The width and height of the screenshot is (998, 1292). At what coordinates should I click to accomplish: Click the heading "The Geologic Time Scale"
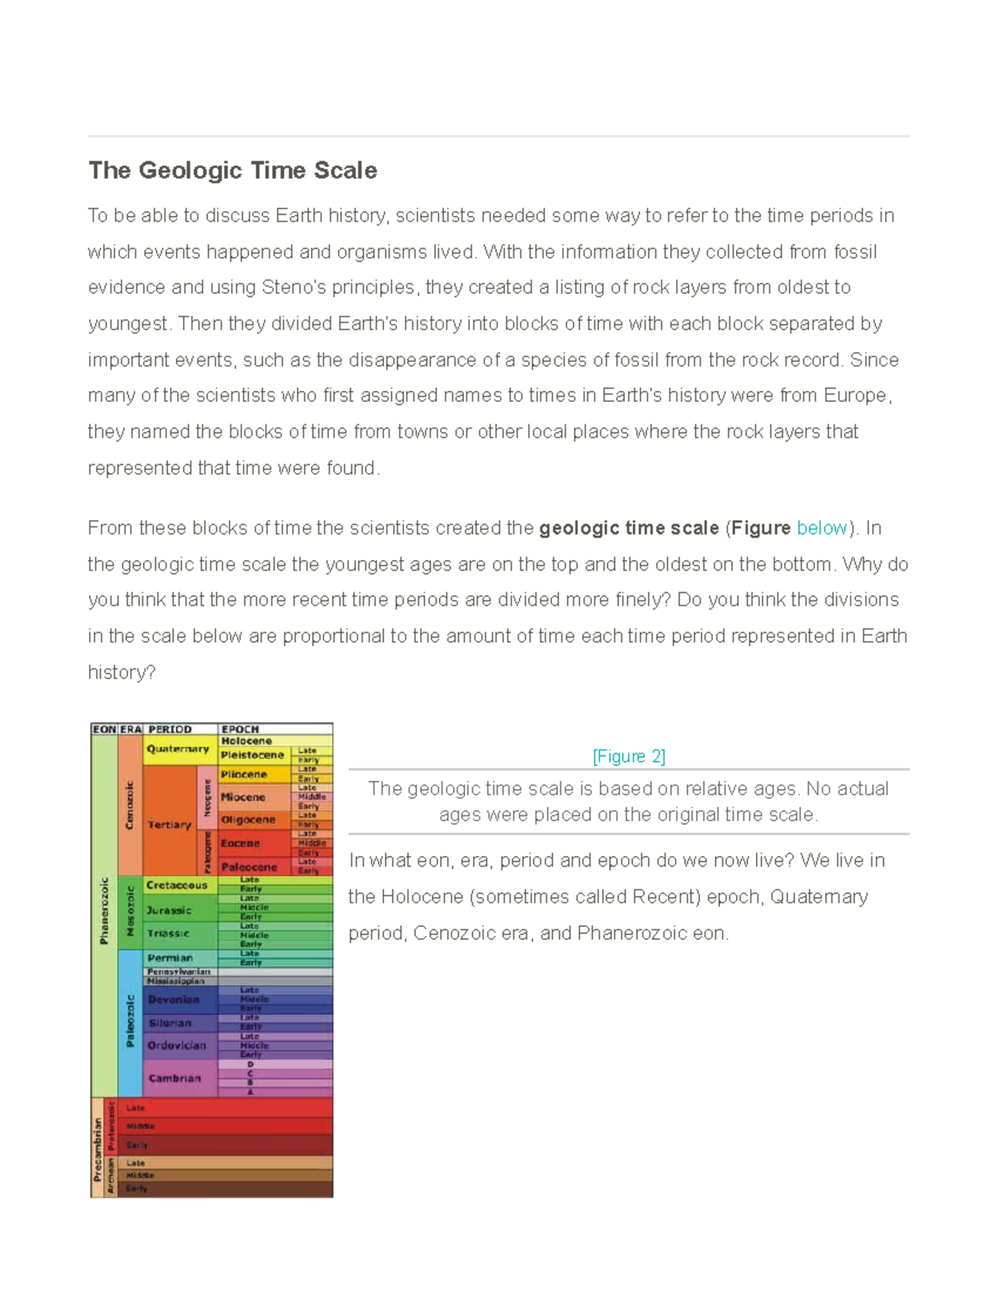(233, 171)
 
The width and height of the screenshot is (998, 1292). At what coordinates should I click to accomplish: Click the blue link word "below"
(821, 528)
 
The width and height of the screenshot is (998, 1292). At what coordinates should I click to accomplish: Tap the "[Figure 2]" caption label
(628, 756)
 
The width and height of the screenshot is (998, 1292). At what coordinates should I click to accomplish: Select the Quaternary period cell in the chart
(178, 749)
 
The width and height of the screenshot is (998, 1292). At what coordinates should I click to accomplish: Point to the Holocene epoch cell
(246, 740)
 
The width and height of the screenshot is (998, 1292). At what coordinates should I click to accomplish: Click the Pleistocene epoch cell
(252, 755)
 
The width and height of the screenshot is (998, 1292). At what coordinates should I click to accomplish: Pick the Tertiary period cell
(169, 824)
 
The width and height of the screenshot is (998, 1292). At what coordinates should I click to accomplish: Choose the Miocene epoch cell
(243, 797)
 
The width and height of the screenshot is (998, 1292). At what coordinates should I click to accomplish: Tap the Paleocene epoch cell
(249, 867)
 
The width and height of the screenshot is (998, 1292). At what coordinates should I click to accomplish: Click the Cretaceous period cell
(176, 885)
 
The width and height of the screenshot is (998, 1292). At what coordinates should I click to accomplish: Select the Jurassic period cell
(169, 910)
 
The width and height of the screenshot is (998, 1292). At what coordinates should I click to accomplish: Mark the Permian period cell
(170, 958)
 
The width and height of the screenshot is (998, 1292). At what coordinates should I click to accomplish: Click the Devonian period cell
(174, 999)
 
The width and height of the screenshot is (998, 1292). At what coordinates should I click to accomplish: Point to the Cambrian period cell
(175, 1078)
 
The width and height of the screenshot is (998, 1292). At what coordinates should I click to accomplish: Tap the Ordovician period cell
(176, 1045)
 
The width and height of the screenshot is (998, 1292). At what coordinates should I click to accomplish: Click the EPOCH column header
(240, 730)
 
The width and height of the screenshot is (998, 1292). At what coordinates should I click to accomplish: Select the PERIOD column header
(170, 730)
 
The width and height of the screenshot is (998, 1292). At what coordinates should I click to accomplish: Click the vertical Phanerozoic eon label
(104, 911)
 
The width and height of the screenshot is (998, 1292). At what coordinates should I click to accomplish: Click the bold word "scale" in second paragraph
(695, 528)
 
